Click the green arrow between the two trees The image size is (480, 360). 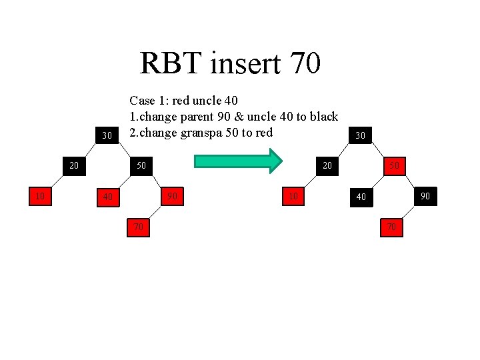pyautogui.click(x=239, y=161)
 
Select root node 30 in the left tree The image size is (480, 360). pyautogui.click(x=107, y=136)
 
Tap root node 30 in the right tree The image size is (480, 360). pyautogui.click(x=360, y=135)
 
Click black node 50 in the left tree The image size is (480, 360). pyautogui.click(x=141, y=164)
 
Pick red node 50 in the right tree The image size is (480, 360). pyautogui.click(x=394, y=164)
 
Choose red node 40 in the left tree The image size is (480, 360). pyautogui.click(x=107, y=197)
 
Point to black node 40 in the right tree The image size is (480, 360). pyautogui.click(x=361, y=197)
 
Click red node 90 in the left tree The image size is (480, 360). pyautogui.click(x=172, y=196)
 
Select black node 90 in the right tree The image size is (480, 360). pyautogui.click(x=425, y=196)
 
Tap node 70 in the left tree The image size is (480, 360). pyautogui.click(x=138, y=227)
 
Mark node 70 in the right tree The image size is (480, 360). pyautogui.click(x=391, y=227)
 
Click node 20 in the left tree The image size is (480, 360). pyautogui.click(x=75, y=164)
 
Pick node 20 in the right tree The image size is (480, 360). pyautogui.click(x=327, y=164)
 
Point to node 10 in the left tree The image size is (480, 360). pyautogui.click(x=40, y=196)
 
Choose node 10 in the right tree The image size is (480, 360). pyautogui.click(x=293, y=196)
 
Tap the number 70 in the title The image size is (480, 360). pyautogui.click(x=305, y=64)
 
